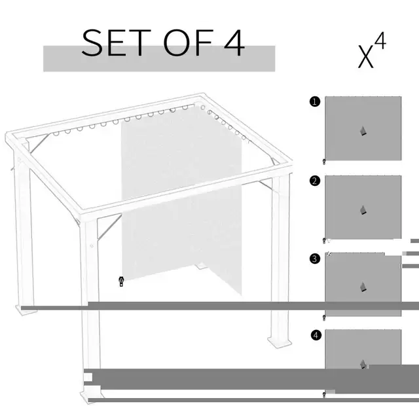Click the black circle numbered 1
[316, 101]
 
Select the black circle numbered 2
[316, 181]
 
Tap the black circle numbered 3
[316, 259]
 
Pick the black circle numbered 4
[316, 335]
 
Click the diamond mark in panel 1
[363, 131]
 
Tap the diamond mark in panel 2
[363, 209]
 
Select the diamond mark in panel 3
[363, 287]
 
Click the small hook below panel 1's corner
[324, 162]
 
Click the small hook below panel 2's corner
[324, 240]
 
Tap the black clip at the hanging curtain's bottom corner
[121, 282]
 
